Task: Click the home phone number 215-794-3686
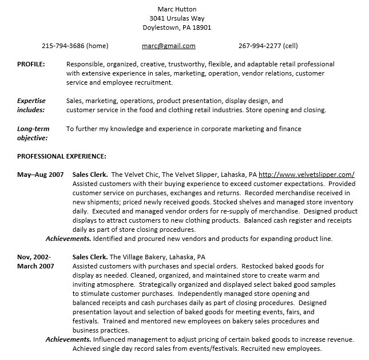[75, 46]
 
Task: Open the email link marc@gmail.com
[169, 46]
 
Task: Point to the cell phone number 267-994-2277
[268, 46]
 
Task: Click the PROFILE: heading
[31, 64]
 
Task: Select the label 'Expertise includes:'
[31, 105]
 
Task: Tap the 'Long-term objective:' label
[33, 133]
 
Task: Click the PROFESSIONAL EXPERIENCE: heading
[61, 156]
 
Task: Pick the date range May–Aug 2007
[41, 175]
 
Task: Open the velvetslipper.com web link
[307, 175]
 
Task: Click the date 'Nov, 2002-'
[34, 257]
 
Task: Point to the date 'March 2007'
[35, 266]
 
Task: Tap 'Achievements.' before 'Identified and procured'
[68, 239]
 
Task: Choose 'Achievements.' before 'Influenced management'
[68, 339]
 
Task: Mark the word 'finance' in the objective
[289, 129]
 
